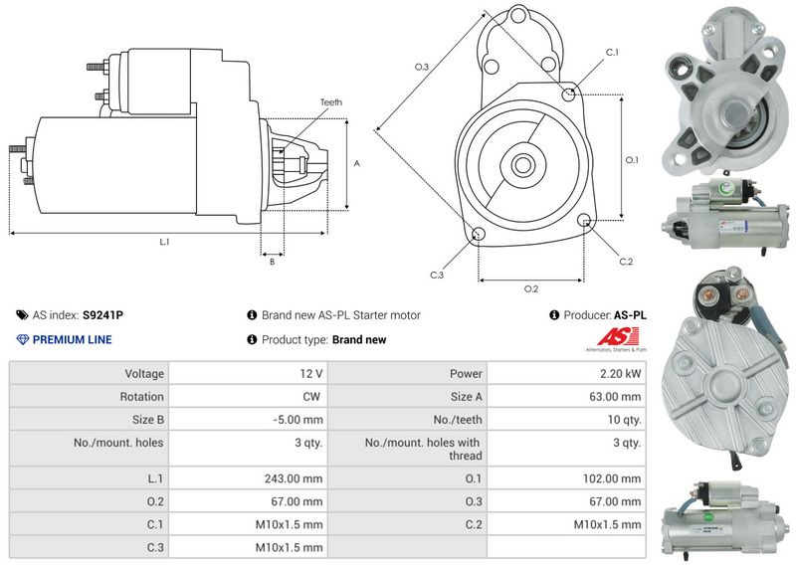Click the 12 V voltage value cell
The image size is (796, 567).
[x=311, y=374]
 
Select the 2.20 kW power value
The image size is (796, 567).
[x=620, y=374]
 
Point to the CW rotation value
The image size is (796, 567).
[x=313, y=397]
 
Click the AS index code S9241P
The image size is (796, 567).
[x=103, y=315]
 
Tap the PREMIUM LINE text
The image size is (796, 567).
[x=72, y=340]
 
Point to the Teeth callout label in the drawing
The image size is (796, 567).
[x=331, y=102]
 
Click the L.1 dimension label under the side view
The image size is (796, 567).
[x=164, y=242]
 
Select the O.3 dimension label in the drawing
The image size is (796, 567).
[x=421, y=67]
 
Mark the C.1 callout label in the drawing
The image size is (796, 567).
[x=612, y=52]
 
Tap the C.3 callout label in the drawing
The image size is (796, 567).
[x=437, y=275]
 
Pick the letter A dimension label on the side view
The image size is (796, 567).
[x=356, y=164]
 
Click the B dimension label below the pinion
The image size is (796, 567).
[x=271, y=262]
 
